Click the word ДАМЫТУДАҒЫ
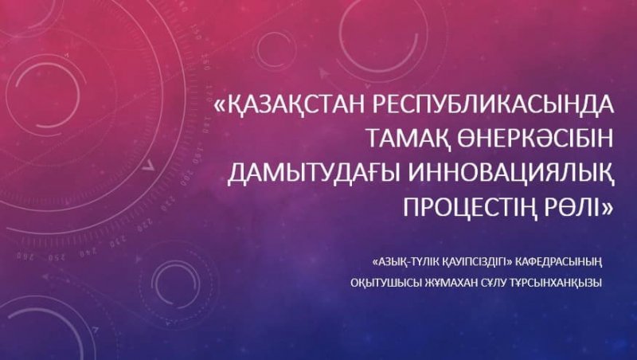coord(311,174)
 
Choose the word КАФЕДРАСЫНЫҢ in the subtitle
coord(558,263)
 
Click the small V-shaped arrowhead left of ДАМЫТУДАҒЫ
coord(150,164)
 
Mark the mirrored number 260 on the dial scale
coord(25,256)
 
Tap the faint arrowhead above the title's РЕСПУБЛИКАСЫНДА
coord(324,73)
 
